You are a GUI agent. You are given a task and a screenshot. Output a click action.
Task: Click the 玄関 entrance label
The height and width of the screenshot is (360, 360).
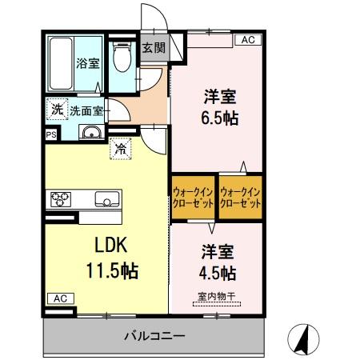[x=154, y=47]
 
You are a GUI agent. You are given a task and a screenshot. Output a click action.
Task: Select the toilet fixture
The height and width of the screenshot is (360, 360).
[x=122, y=59]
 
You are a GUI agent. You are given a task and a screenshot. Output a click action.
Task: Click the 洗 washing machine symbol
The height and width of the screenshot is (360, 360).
[x=57, y=109]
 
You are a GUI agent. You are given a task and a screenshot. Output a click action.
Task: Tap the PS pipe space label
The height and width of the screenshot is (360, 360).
[x=51, y=134]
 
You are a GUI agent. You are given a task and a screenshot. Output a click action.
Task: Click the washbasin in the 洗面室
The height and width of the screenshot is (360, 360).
[x=91, y=133]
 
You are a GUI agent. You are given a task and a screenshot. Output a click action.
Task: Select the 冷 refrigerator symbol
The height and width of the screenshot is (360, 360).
[x=119, y=148]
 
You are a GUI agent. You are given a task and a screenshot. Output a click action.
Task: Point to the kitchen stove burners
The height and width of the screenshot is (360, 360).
[x=62, y=198]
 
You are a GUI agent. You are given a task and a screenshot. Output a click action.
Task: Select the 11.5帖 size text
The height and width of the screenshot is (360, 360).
[x=112, y=270]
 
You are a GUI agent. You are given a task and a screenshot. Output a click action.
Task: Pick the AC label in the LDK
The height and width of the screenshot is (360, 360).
[x=60, y=298]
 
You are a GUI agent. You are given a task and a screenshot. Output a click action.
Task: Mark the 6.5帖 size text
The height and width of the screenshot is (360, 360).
[x=218, y=117]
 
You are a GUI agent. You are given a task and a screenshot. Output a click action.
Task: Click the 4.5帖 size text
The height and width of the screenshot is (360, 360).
[x=217, y=273]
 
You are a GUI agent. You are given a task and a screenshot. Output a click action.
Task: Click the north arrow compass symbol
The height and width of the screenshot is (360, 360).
[x=303, y=338]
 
